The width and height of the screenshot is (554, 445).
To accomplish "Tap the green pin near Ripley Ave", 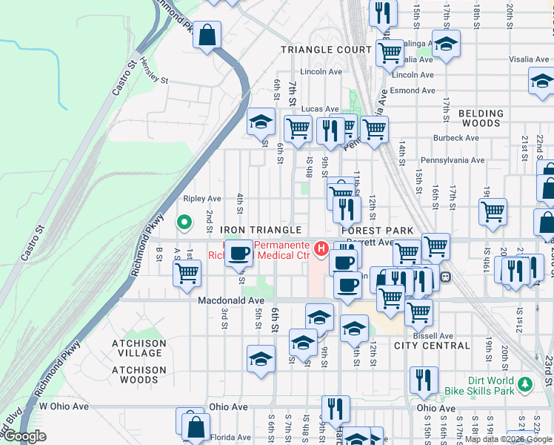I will point(184,222).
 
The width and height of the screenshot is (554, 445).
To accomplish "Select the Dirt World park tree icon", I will point(525,383).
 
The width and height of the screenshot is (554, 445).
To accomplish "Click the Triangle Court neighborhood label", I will point(325,50).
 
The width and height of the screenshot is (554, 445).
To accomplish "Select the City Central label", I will point(432,346).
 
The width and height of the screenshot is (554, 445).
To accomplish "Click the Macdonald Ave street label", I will point(231,300).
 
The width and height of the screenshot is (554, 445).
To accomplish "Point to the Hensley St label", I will point(154,71).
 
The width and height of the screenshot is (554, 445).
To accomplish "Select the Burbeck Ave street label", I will point(456,138).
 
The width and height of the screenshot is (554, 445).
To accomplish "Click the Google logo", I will point(24,436).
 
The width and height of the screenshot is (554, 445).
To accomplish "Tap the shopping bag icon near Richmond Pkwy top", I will point(207,35).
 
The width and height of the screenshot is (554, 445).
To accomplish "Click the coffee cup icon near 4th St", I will point(238,254).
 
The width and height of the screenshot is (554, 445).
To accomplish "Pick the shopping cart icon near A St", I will point(187,272).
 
